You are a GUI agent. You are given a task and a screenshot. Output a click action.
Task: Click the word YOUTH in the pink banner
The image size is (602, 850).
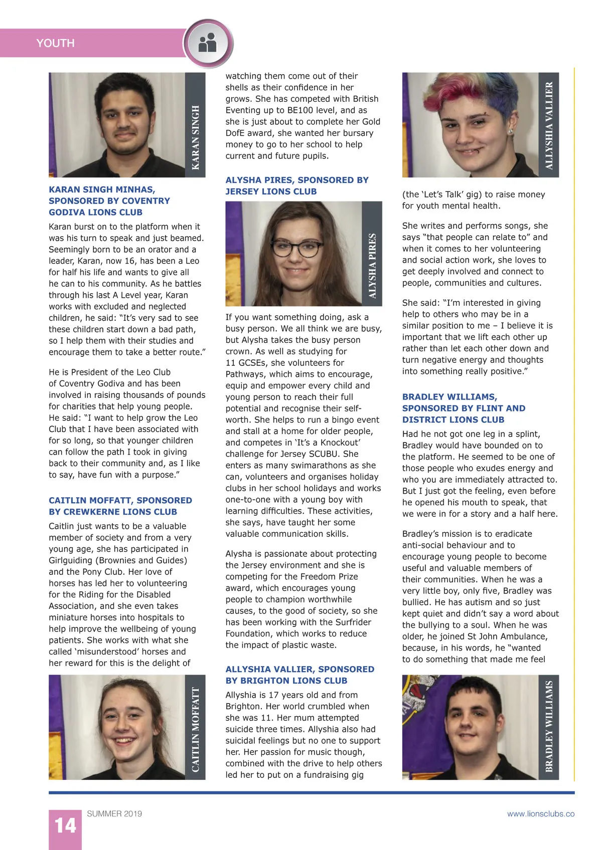(55, 43)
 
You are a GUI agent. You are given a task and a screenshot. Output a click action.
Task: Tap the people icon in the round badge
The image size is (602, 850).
(207, 43)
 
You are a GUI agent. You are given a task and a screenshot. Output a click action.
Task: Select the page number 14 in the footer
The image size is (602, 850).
(65, 825)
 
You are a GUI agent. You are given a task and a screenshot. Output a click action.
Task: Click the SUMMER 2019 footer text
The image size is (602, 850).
(114, 813)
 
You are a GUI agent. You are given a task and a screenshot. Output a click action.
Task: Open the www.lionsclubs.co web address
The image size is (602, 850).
(540, 813)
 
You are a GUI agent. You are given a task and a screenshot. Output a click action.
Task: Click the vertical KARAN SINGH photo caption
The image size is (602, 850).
(196, 137)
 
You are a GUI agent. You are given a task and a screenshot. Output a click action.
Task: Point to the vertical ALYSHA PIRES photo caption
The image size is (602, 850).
(372, 266)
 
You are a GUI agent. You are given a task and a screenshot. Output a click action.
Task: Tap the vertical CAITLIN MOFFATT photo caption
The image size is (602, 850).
(196, 729)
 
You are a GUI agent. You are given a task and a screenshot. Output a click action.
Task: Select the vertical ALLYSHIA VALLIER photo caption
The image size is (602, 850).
(549, 125)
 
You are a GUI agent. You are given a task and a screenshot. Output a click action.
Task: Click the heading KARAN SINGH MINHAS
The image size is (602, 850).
(102, 189)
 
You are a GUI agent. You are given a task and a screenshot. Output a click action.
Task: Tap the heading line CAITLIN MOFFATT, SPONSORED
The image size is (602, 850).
(120, 500)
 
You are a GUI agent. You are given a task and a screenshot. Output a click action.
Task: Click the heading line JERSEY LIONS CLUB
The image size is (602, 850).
(271, 191)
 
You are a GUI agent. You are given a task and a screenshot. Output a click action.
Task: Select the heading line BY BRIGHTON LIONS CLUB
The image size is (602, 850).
(286, 681)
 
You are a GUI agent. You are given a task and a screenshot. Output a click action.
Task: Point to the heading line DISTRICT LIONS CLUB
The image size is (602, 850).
(453, 419)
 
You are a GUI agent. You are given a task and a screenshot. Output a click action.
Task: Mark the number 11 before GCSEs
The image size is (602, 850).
(231, 363)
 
